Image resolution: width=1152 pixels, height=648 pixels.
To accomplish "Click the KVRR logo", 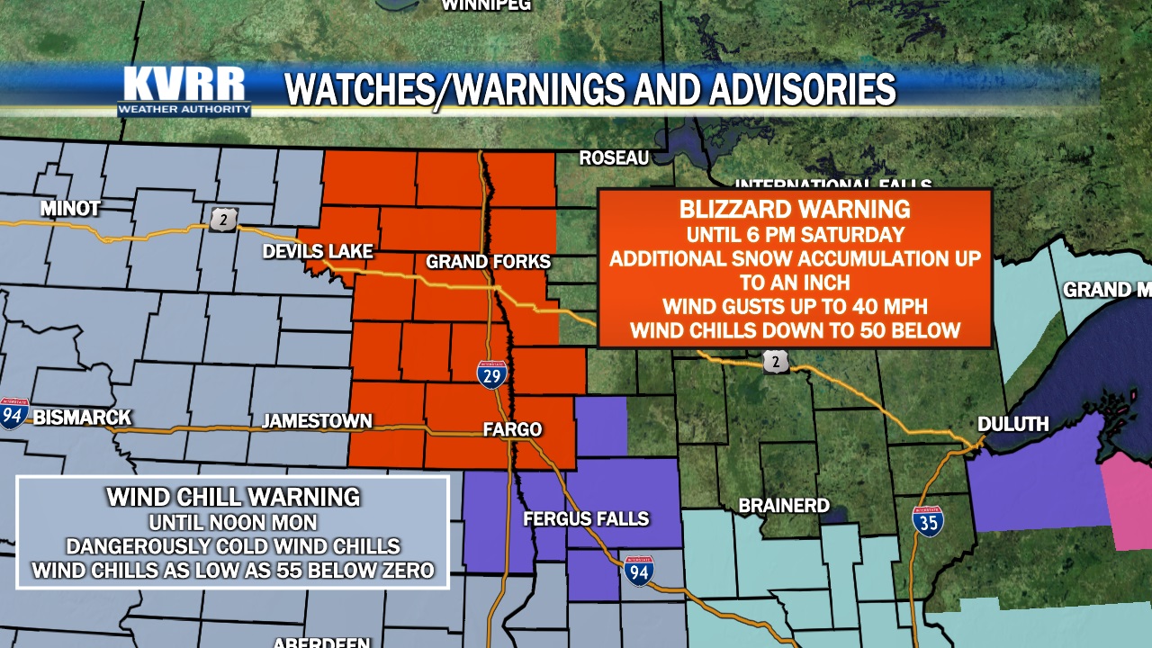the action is pos(184,90).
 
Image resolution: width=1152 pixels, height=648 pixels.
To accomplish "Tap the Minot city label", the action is pos(70,209).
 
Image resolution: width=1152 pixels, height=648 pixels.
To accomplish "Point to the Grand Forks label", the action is pos(488,262).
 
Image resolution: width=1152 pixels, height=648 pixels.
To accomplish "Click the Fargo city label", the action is pos(512,429).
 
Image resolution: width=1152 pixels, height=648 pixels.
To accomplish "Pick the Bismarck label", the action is pos(82,418).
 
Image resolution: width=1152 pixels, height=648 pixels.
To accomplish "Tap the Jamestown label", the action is pos(317,420).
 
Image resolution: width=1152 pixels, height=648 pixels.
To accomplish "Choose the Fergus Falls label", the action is pos(586,518).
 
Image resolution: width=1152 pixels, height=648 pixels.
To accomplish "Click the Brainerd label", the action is pos(784,506).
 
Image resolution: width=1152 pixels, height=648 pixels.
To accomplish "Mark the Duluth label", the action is pos(1013,423).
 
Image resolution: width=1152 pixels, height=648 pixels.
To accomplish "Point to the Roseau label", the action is pos(614,158).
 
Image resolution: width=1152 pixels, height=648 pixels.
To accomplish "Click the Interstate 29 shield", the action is pos(491,373).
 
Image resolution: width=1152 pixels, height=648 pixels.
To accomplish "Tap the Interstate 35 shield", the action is pos(928,521).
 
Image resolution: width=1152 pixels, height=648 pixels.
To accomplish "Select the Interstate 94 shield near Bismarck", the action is pos(13,413).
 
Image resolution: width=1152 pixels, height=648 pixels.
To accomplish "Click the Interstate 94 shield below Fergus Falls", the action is pos(638,571).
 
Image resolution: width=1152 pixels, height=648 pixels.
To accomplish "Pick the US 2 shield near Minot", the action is pos(223,220).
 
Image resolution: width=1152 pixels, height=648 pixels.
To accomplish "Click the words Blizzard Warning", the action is pos(795,210).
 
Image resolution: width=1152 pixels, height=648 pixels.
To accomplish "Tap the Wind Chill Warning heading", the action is pos(233,497).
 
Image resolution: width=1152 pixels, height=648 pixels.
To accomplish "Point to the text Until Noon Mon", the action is pos(233,522).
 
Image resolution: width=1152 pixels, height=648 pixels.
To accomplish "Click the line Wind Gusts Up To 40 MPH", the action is pos(795,306).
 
